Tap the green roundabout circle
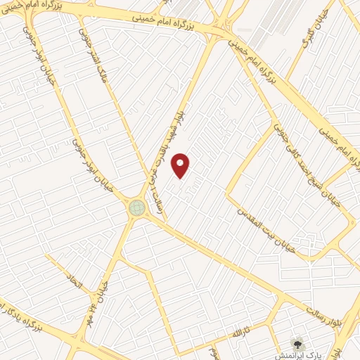pos(136,207)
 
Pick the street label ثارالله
pos(241,330)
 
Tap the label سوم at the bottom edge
pos(212,351)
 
